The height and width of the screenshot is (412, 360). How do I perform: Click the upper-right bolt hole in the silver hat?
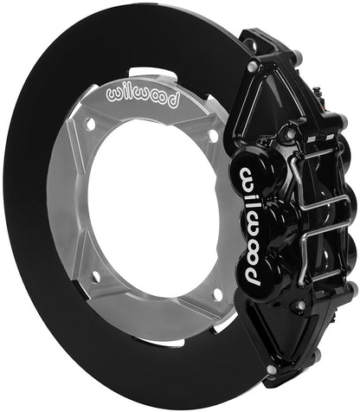213,135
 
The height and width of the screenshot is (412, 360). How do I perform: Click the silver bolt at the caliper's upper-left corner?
251,67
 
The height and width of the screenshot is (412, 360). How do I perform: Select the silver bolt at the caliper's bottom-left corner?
271,371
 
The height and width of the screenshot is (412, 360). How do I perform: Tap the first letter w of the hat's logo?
112,93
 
